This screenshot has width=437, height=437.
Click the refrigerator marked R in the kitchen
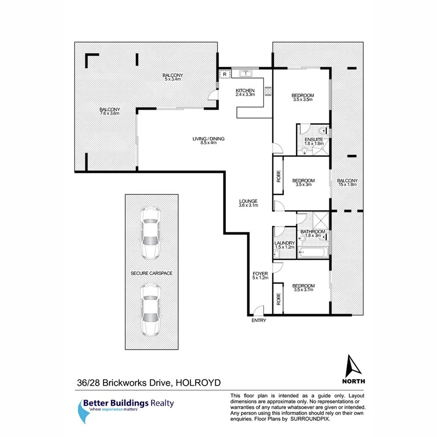(224, 74)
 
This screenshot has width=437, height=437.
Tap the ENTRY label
(259, 321)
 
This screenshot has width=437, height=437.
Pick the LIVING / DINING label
(208, 140)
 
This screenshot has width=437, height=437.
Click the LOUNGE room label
(248, 202)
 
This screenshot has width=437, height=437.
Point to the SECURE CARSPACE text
(151, 273)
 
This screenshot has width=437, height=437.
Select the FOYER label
(257, 274)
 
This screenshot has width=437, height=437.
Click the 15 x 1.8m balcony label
(348, 182)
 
